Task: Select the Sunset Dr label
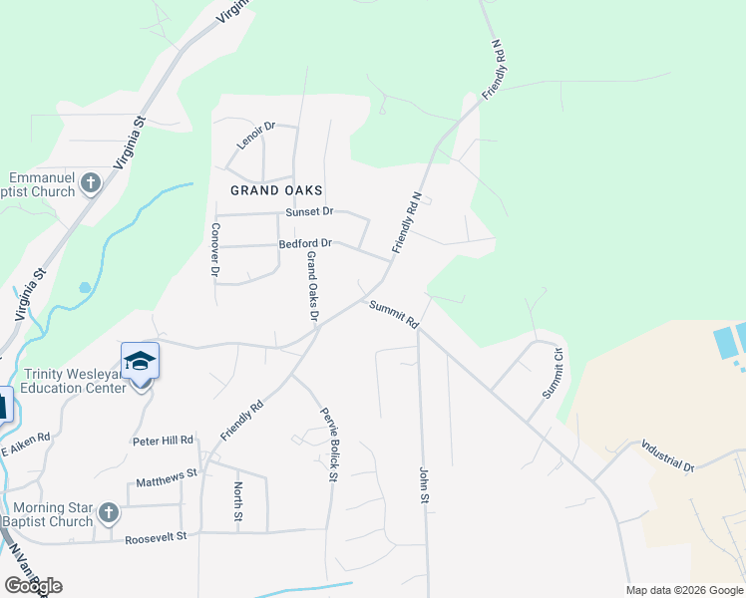[x=309, y=212]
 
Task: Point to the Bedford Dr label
[x=305, y=243]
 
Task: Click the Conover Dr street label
[x=215, y=248]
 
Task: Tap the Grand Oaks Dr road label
[x=312, y=286]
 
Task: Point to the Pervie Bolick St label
[x=326, y=444]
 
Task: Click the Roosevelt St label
[x=156, y=539]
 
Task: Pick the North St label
[x=238, y=501]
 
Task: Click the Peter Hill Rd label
[x=163, y=440]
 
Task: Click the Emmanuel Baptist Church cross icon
[x=91, y=182]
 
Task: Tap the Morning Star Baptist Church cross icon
[x=109, y=513]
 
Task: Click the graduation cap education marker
[x=140, y=361]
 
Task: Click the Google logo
[x=33, y=586]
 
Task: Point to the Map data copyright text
[x=683, y=590]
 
